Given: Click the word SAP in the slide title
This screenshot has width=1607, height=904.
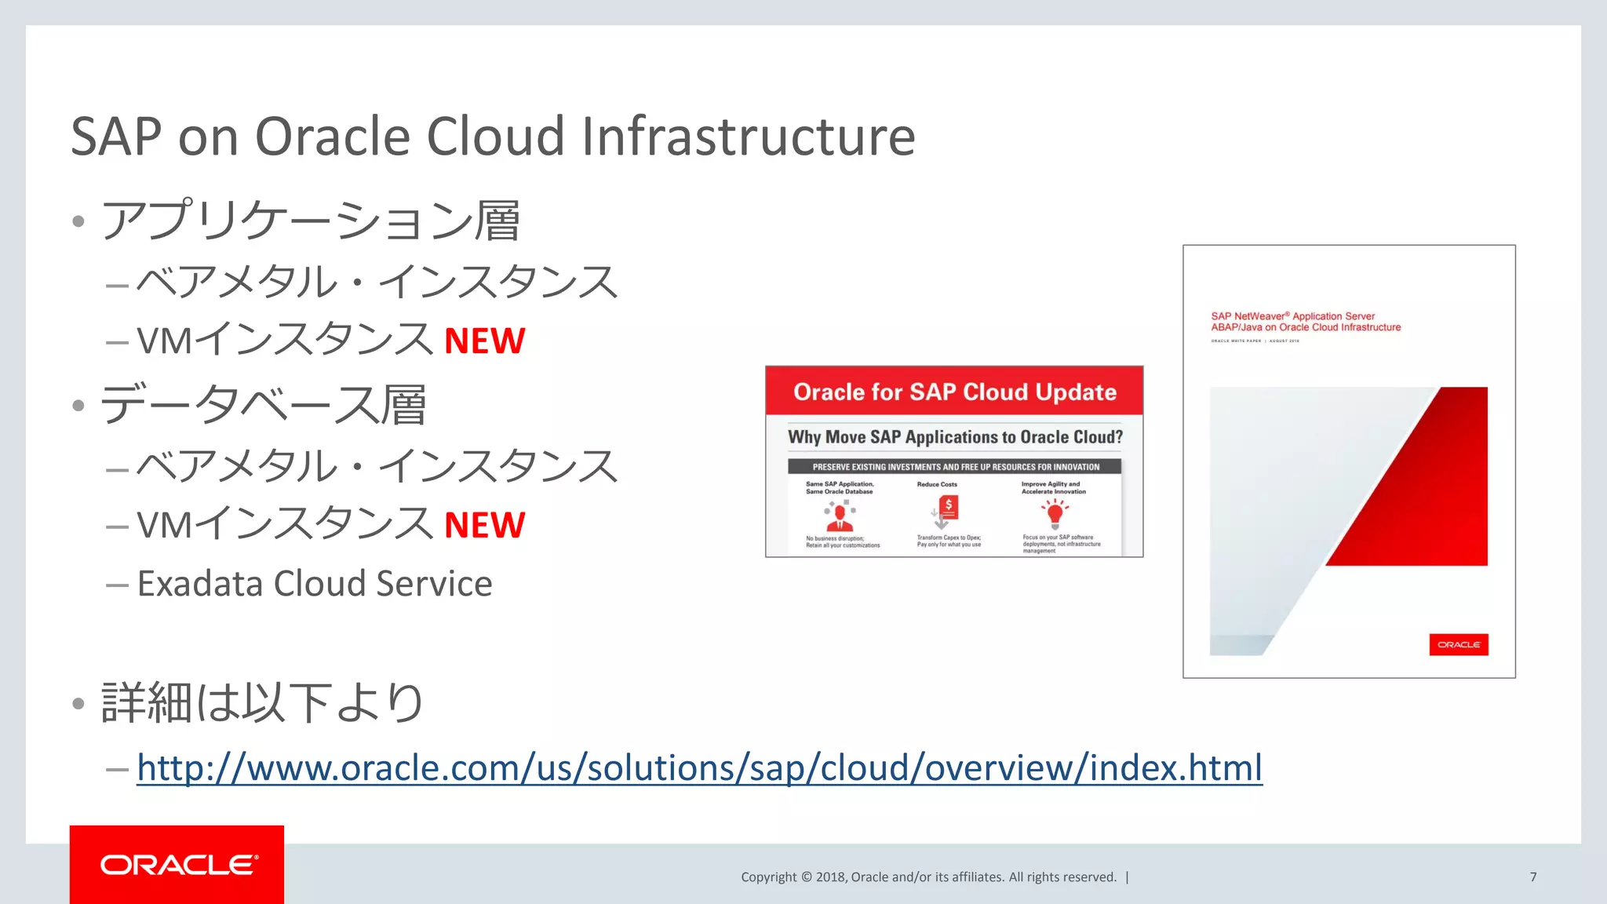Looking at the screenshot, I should click(x=116, y=137).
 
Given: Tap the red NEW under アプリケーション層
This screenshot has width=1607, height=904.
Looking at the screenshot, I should click(x=484, y=341).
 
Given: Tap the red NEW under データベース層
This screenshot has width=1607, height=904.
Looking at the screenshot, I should click(x=484, y=526).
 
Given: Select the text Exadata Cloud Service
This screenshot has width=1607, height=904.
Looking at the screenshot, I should click(x=315, y=584).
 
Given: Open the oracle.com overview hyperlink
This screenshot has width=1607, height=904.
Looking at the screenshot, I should click(x=699, y=767).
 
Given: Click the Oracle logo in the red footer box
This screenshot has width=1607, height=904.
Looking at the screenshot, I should click(x=178, y=865).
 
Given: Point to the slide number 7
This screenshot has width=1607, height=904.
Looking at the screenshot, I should click(x=1532, y=877).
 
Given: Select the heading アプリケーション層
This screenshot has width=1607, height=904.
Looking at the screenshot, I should click(x=311, y=221).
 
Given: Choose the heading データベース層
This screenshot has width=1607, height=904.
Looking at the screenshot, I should click(x=264, y=405).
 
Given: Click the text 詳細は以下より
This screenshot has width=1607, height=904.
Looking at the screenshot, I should click(x=262, y=702).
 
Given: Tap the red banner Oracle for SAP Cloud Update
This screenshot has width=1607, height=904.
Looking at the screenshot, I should click(x=954, y=392).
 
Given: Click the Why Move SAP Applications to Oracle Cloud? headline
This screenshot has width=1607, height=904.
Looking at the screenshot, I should click(x=955, y=437).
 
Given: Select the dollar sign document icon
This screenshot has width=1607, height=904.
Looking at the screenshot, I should click(x=947, y=509).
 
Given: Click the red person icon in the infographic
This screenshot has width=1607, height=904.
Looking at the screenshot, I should click(x=840, y=516).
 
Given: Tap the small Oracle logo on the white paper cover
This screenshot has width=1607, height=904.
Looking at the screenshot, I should click(x=1459, y=644).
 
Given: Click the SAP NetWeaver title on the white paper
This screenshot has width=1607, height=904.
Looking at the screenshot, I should click(x=1305, y=322).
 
